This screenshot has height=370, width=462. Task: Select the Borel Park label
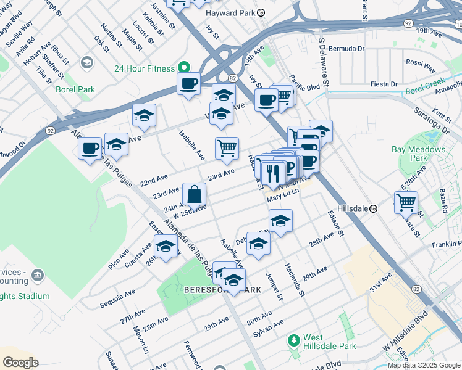(x=78, y=89)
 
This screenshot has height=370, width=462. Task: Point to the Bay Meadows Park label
(x=418, y=154)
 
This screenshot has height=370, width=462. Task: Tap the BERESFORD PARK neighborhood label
(x=222, y=289)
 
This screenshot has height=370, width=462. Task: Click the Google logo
(x=20, y=363)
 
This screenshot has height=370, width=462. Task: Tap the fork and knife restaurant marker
(x=273, y=174)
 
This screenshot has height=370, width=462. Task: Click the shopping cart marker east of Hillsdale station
(x=406, y=202)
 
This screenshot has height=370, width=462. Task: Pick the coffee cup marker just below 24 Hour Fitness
(x=188, y=83)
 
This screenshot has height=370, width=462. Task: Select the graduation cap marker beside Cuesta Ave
(x=166, y=247)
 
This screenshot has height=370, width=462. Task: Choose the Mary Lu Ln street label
(x=283, y=198)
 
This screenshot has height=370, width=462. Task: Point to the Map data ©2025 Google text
(x=423, y=365)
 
